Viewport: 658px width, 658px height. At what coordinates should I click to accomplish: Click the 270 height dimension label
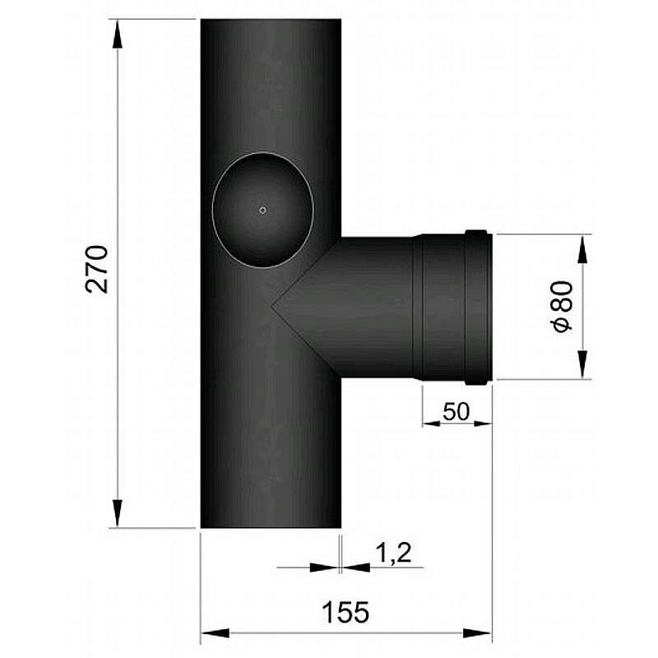point(96,269)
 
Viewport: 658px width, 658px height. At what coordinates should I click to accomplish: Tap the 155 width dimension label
point(345,612)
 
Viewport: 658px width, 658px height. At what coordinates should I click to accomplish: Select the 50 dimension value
point(456,411)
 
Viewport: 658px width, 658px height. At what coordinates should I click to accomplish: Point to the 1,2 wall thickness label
point(393,552)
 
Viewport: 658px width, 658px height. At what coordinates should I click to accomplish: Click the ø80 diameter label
point(563,306)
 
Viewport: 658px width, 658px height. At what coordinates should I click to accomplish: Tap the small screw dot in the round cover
point(262,211)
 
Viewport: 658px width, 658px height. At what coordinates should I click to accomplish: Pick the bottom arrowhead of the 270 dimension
point(118,512)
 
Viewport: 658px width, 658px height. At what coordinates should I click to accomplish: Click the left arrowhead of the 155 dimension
point(215,633)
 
